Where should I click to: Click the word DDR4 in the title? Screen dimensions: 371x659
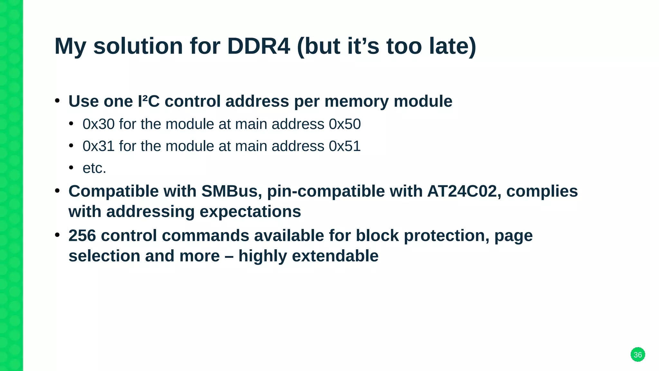tap(258, 46)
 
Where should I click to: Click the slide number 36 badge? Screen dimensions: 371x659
tap(637, 355)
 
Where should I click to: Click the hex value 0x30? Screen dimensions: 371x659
tap(98, 124)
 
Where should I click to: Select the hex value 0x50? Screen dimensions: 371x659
tap(345, 124)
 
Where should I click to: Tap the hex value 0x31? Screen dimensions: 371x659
tap(98, 146)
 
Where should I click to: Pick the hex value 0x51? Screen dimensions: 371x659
tap(345, 146)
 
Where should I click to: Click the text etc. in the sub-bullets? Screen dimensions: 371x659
tap(94, 168)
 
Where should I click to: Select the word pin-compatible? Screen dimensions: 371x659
tap(326, 191)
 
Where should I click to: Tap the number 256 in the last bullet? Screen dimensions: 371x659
tap(82, 235)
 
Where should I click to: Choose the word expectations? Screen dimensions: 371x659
tap(250, 212)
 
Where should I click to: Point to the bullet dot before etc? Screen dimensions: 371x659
tap(71, 167)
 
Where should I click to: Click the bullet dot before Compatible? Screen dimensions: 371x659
tap(57, 191)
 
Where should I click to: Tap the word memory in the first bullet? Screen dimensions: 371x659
tap(357, 102)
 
